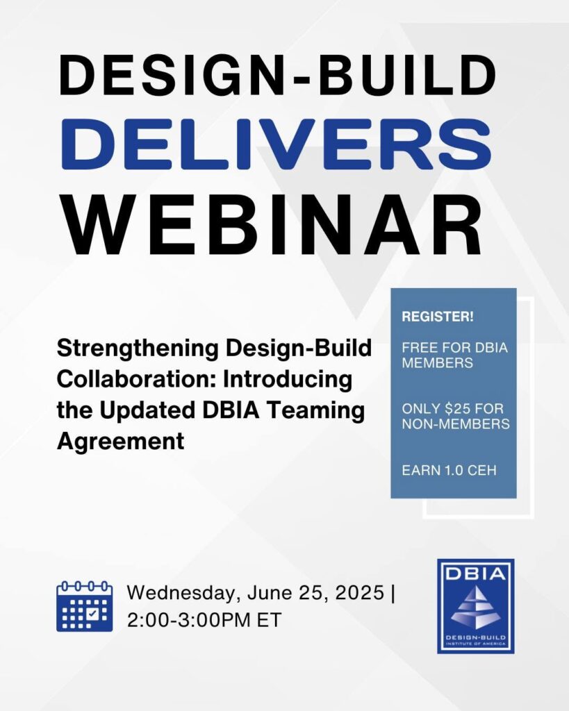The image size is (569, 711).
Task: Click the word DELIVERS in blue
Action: (x=276, y=144)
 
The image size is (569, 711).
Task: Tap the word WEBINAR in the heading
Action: (x=272, y=226)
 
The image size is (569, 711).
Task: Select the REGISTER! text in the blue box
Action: (x=438, y=317)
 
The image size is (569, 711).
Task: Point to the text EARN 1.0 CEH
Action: (x=449, y=470)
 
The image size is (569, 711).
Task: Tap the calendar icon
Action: (x=84, y=605)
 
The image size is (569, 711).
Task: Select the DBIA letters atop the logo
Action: (x=475, y=574)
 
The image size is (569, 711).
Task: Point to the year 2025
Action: (x=359, y=593)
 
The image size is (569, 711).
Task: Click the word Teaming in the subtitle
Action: (x=315, y=411)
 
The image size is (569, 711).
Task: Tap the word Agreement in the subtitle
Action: (x=120, y=442)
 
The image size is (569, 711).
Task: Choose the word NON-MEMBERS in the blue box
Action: (x=456, y=424)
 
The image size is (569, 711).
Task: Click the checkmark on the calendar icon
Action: (x=93, y=614)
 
